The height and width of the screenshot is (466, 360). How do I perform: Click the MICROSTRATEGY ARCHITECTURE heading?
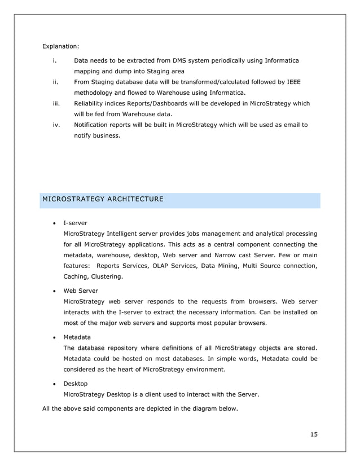tap(103, 199)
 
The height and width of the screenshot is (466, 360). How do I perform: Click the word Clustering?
tap(104, 276)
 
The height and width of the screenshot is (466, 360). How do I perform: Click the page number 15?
tap(314, 434)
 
